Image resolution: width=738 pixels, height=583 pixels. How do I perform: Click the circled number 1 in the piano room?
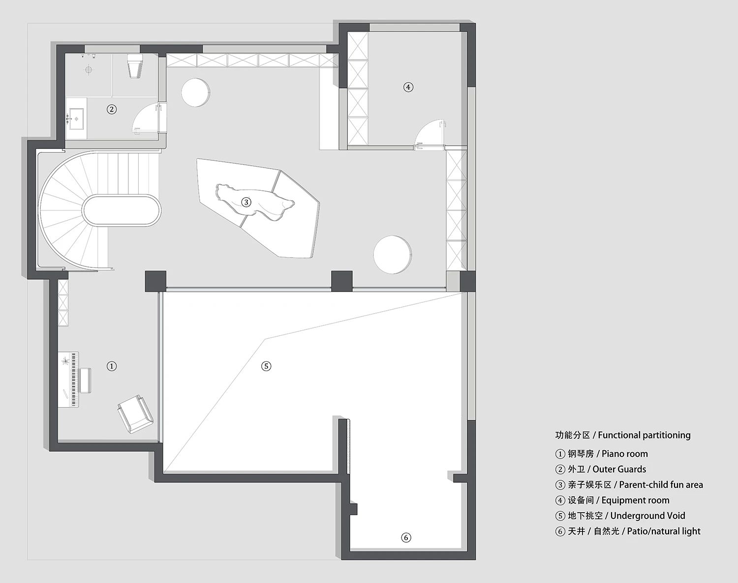[112, 366]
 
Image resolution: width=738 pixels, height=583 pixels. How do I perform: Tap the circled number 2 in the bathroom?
[112, 109]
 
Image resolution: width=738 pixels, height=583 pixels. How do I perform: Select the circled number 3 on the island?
[246, 202]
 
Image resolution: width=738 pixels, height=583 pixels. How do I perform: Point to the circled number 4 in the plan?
[408, 87]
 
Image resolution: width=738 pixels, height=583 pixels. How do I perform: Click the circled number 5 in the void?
[266, 366]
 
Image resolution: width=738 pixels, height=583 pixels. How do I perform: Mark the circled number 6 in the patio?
[406, 537]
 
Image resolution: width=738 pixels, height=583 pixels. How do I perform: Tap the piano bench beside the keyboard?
[86, 380]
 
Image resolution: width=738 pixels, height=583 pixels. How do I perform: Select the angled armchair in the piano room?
[135, 414]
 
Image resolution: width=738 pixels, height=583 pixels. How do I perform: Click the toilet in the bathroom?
[135, 66]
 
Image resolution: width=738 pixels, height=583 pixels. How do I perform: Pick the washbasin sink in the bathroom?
[76, 119]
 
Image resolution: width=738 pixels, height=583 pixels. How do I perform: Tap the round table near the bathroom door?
[195, 92]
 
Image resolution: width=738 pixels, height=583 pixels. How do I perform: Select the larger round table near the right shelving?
[392, 254]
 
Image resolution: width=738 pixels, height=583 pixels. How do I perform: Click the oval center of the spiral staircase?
[122, 210]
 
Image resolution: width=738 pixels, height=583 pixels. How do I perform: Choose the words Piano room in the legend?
[625, 454]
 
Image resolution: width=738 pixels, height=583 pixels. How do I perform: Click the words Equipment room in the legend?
[636, 500]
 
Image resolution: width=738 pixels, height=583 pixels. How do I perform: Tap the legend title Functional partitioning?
[645, 435]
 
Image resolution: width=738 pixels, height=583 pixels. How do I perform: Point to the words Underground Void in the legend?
[648, 516]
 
